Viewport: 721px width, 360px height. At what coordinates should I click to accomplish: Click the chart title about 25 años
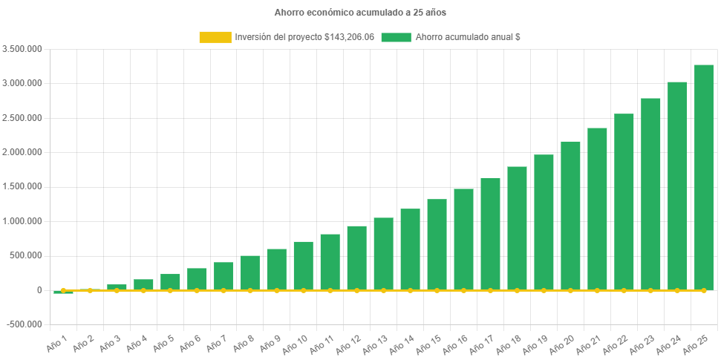tap(360, 13)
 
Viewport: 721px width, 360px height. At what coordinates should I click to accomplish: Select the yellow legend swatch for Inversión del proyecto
tap(215, 37)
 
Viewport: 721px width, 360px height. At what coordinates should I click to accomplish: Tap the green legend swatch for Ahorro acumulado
tap(396, 37)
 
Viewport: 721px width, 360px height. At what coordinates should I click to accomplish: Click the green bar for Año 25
tap(703, 177)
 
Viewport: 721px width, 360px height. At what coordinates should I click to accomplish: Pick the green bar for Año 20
tap(570, 215)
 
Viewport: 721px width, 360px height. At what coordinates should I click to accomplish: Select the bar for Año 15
tap(437, 244)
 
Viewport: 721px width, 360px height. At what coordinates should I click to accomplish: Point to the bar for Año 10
tap(303, 265)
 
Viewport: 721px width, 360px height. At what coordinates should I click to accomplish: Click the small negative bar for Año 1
tap(63, 292)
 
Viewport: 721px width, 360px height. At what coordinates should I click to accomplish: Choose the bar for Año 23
tap(650, 194)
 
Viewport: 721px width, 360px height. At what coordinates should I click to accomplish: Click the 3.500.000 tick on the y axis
tap(22, 49)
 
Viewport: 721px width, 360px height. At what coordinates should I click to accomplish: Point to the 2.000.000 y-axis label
tap(22, 152)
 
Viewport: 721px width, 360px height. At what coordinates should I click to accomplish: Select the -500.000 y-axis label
tap(24, 324)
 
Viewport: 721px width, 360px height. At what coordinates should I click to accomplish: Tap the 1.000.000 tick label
tap(22, 221)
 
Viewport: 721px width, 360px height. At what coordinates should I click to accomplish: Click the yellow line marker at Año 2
tap(90, 290)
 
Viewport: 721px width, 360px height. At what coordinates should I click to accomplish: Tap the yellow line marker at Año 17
tap(490, 290)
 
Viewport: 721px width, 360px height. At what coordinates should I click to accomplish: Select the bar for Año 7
tap(224, 275)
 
